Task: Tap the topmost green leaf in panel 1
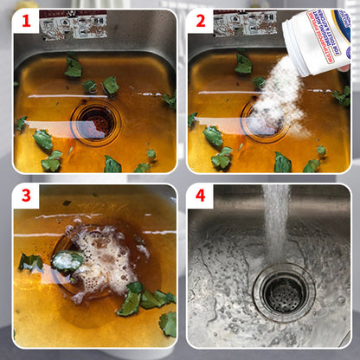pyautogui.click(x=74, y=66)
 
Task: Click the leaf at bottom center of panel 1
pyautogui.click(x=112, y=164)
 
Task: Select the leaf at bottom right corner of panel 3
pyautogui.click(x=168, y=325)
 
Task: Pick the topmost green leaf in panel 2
pyautogui.click(x=244, y=63)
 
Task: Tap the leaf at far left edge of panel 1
pyautogui.click(x=20, y=124)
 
